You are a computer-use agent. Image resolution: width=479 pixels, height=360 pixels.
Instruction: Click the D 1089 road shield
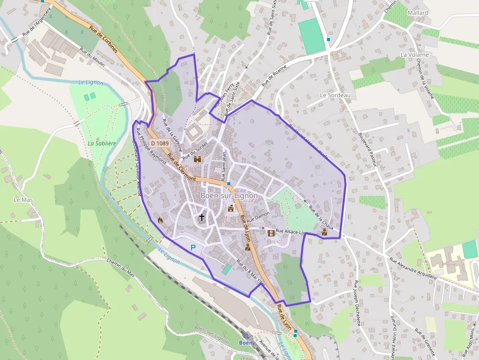160,143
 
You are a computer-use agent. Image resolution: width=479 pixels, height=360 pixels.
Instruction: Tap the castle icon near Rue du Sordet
198,159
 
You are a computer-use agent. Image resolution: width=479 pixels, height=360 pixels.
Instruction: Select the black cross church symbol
201,216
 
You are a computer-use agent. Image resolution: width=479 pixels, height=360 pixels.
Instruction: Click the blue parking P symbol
193,248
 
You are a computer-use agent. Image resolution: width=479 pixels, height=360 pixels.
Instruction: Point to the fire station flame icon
159,220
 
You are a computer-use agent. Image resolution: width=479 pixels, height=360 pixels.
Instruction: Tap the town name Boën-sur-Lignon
229,195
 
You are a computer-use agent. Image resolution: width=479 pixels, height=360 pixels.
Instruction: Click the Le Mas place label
22,200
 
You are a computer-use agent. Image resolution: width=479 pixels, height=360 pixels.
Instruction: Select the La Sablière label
102,144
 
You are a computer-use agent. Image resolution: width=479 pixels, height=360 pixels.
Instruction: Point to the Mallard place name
417,13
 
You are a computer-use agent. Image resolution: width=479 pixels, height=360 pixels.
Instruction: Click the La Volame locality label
414,55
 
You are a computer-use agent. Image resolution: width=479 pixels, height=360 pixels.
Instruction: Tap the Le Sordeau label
335,95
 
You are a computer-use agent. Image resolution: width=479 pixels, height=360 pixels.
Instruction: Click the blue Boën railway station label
245,342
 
